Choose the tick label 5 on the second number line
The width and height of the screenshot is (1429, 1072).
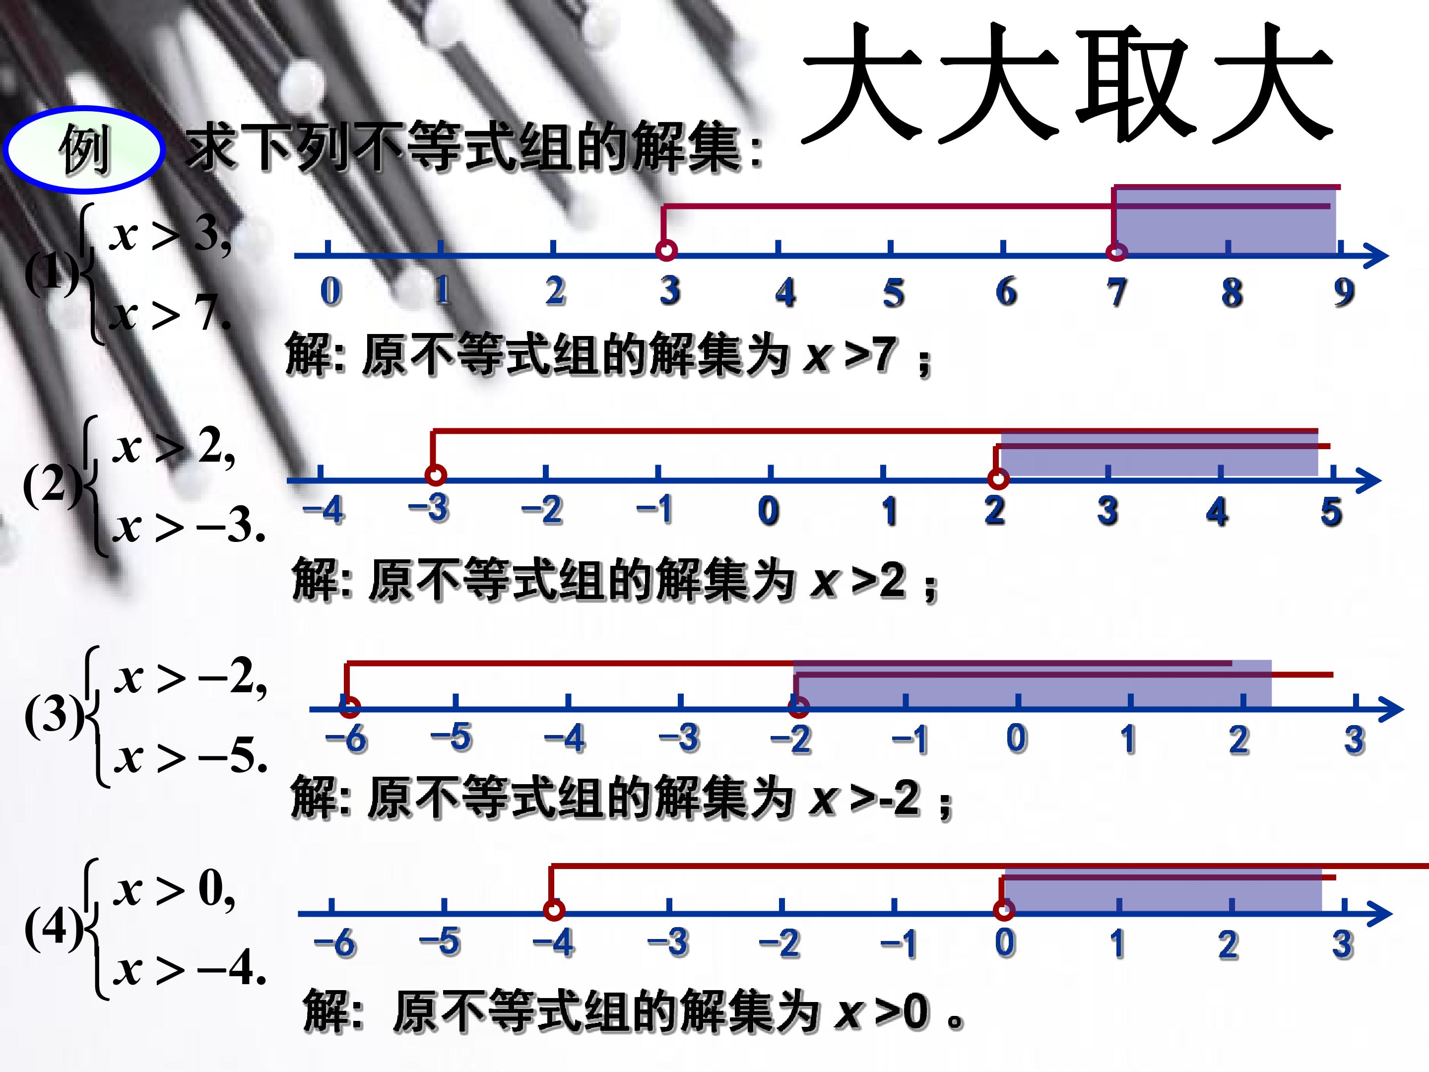pyautogui.click(x=1331, y=512)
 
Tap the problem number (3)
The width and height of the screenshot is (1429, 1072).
pyautogui.click(x=54, y=716)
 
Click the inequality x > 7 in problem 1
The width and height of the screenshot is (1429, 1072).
pyautogui.click(x=170, y=315)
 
